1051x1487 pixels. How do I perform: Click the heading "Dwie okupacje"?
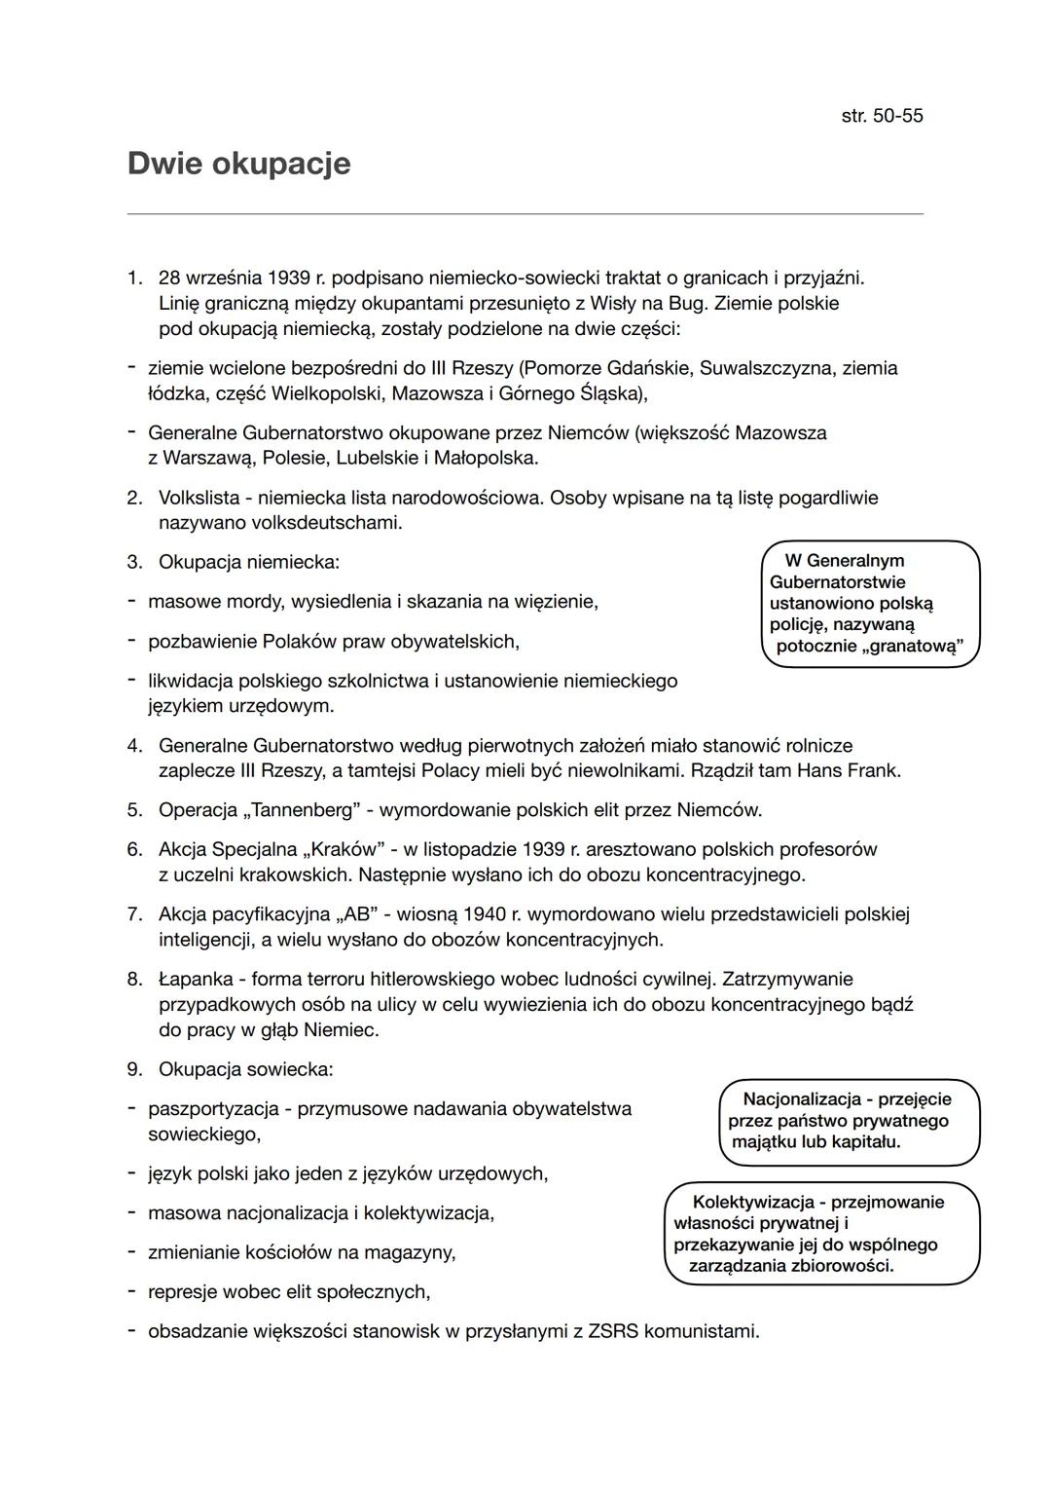point(238,164)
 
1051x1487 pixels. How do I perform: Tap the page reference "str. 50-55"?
point(882,116)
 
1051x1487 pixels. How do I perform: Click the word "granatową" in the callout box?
point(912,647)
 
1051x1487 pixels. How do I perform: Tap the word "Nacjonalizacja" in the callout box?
point(802,1098)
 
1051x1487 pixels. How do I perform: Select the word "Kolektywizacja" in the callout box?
point(753,1202)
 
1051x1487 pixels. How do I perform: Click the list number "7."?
point(134,914)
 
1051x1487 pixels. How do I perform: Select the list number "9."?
point(134,1069)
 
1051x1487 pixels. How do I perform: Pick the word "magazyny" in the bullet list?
point(412,1252)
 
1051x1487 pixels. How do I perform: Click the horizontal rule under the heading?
point(525,214)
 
